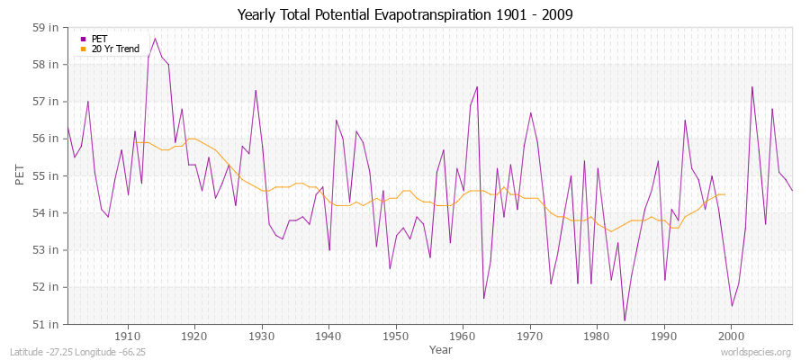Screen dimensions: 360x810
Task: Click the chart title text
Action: pyautogui.click(x=404, y=14)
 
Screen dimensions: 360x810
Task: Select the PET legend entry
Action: pyautogui.click(x=99, y=39)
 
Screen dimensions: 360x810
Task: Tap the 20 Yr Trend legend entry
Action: pyautogui.click(x=115, y=49)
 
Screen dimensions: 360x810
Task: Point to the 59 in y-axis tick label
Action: pyautogui.click(x=47, y=27)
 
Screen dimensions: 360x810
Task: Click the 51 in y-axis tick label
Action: pyautogui.click(x=47, y=323)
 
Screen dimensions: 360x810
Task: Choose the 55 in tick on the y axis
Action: pyautogui.click(x=47, y=175)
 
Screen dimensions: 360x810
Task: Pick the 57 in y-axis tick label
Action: pyautogui.click(x=47, y=101)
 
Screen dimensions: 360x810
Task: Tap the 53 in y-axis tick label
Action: pyautogui.click(x=47, y=249)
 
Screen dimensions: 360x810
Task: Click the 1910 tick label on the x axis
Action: pyautogui.click(x=128, y=335)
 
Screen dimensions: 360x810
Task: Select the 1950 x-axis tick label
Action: pyautogui.click(x=395, y=335)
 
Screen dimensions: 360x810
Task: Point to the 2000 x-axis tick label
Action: pyautogui.click(x=730, y=335)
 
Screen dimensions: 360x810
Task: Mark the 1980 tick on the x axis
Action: pyautogui.click(x=596, y=335)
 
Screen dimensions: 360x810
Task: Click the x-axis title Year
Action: pyautogui.click(x=441, y=348)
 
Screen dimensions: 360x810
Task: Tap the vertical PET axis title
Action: pyautogui.click(x=20, y=175)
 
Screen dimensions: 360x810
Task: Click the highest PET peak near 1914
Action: pyautogui.click(x=155, y=38)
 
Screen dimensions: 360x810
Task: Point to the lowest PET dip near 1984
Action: pyautogui.click(x=625, y=320)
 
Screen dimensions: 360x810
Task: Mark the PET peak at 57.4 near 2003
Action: pyautogui.click(x=751, y=86)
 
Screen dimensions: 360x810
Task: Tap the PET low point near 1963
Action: pyautogui.click(x=483, y=298)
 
